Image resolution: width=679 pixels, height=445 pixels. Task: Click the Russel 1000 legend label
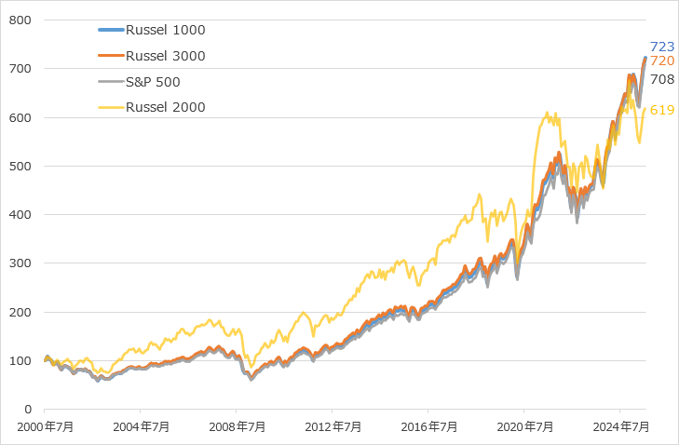[165, 30]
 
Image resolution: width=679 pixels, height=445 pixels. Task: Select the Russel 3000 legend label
[165, 56]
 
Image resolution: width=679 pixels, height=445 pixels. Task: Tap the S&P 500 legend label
[153, 81]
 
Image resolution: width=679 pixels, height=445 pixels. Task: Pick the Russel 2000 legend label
[165, 107]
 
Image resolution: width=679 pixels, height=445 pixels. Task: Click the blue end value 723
[662, 47]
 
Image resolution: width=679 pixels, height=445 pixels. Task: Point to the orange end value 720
[662, 61]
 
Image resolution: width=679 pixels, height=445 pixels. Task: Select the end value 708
[662, 79]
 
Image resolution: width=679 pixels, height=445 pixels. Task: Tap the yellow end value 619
[662, 110]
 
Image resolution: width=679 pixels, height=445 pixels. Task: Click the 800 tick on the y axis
[21, 20]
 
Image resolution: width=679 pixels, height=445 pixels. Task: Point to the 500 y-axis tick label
[21, 167]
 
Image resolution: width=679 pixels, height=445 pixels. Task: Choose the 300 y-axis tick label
[21, 263]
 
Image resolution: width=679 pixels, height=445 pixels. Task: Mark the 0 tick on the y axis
[29, 410]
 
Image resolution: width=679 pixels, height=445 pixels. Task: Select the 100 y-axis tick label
[21, 361]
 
